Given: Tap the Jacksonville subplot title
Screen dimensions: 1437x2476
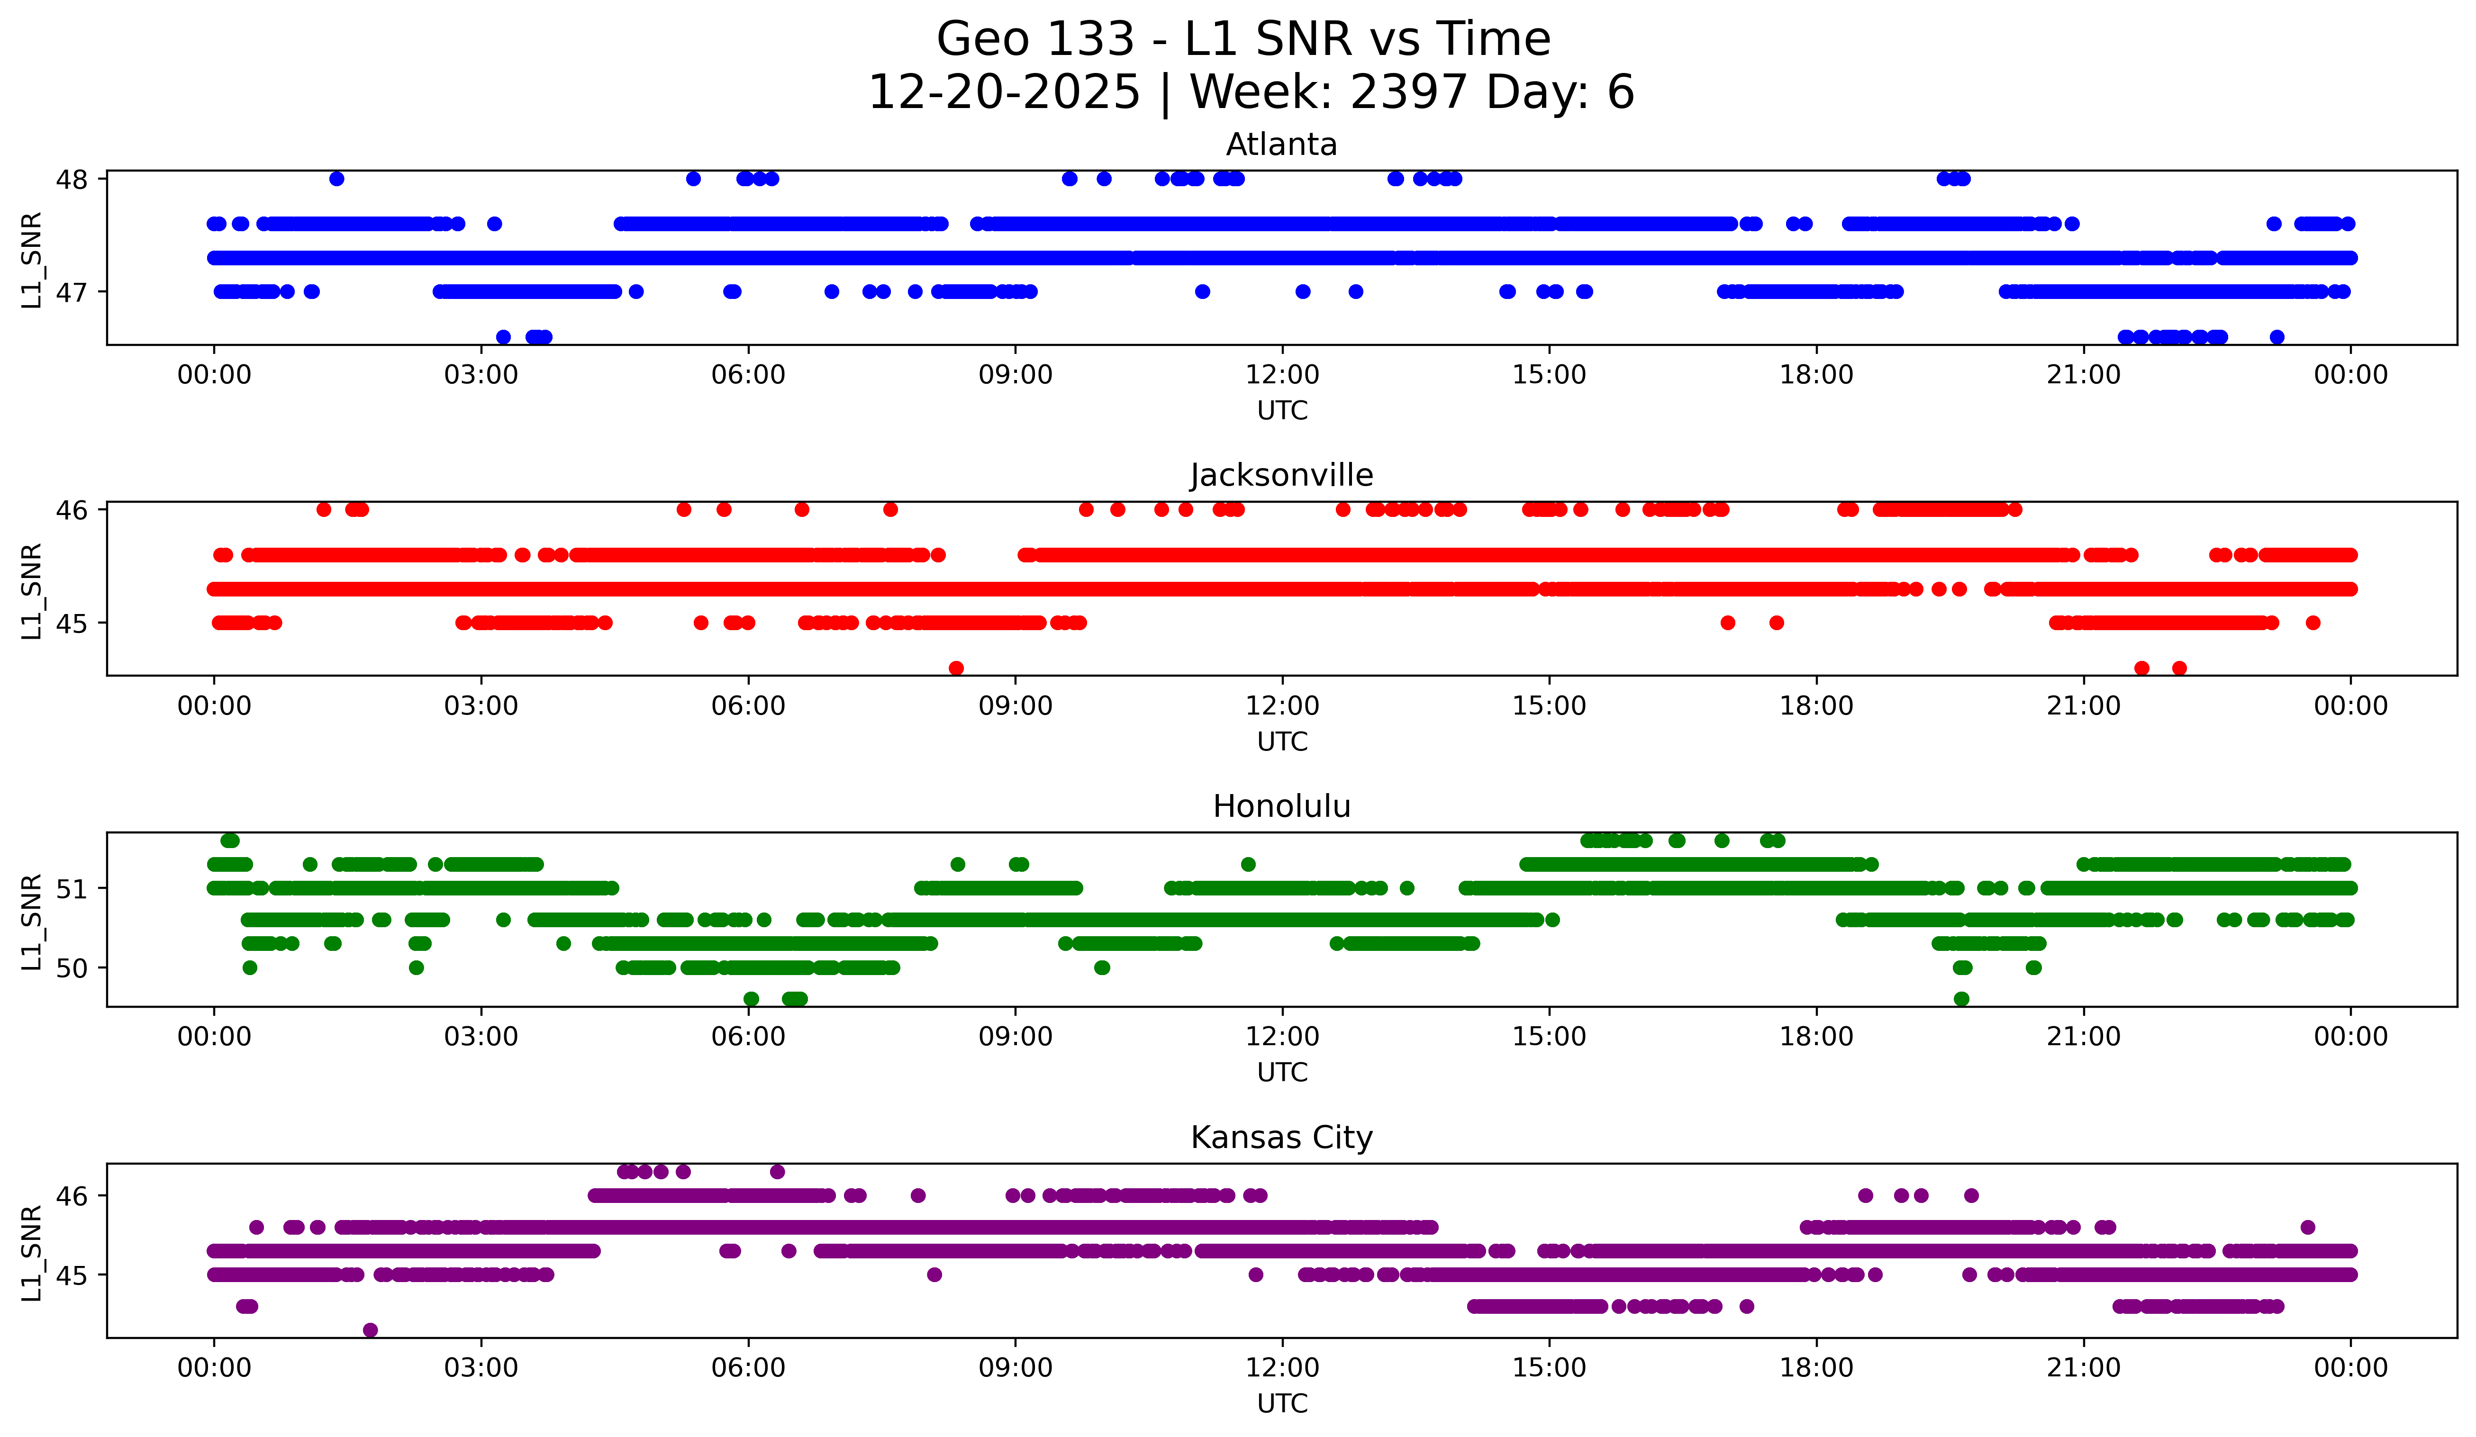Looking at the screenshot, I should pyautogui.click(x=1281, y=475).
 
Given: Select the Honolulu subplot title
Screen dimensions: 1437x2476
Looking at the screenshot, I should pyautogui.click(x=1281, y=806).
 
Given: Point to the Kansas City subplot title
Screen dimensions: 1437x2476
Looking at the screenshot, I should pyautogui.click(x=1281, y=1138).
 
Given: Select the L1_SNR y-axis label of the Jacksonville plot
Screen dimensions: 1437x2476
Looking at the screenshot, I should pyautogui.click(x=31, y=590).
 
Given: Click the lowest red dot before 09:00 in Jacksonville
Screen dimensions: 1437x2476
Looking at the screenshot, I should pyautogui.click(x=956, y=668).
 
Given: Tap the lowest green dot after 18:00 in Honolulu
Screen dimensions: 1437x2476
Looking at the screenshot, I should pyautogui.click(x=1961, y=999).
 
